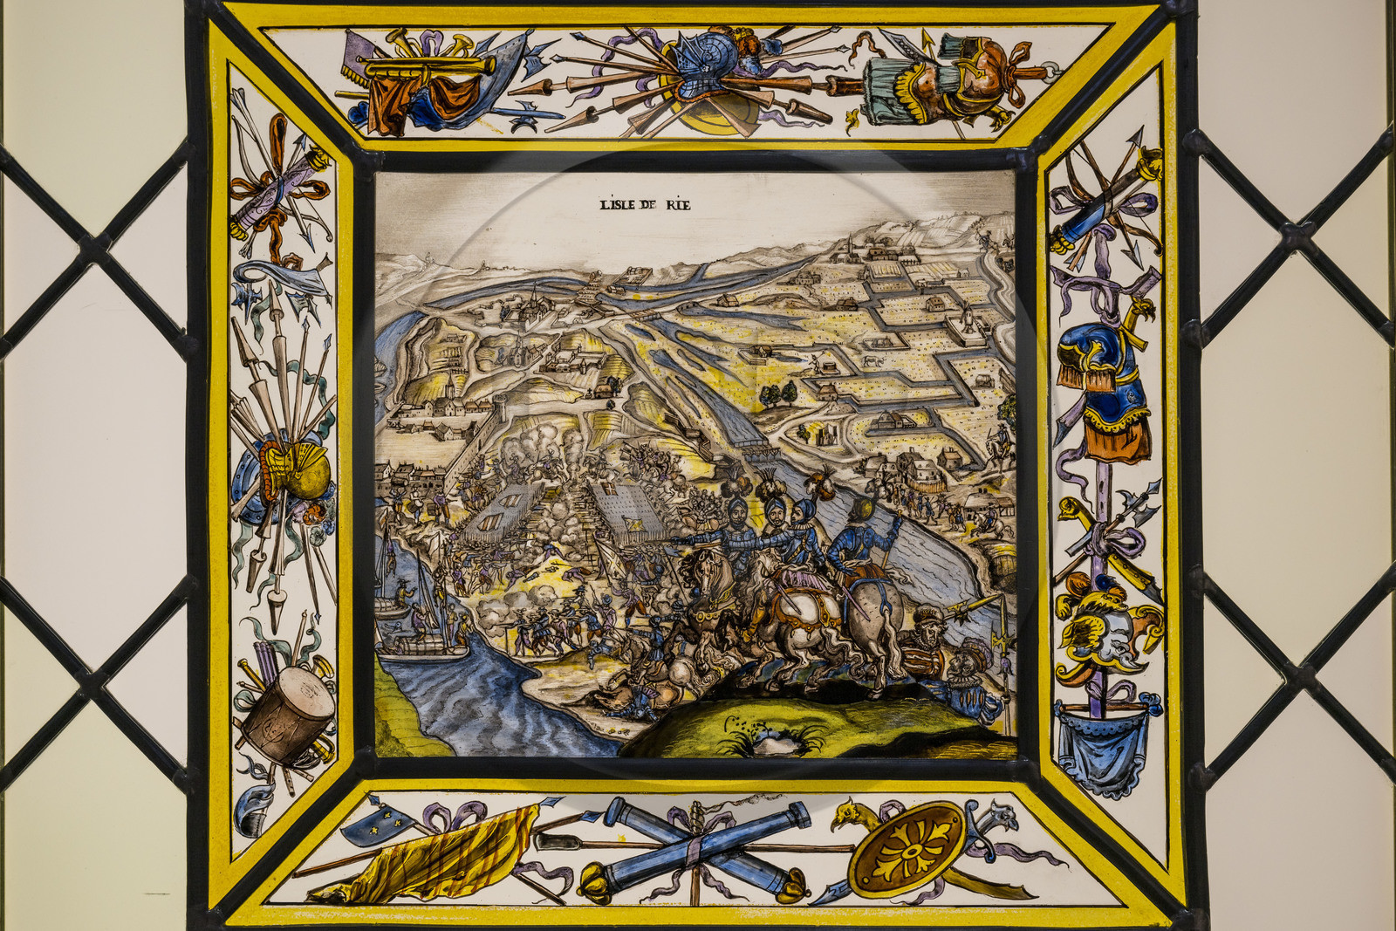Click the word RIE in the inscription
(676, 205)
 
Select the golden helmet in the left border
(299, 471)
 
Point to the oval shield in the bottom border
(907, 847)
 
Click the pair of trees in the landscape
(778, 395)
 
